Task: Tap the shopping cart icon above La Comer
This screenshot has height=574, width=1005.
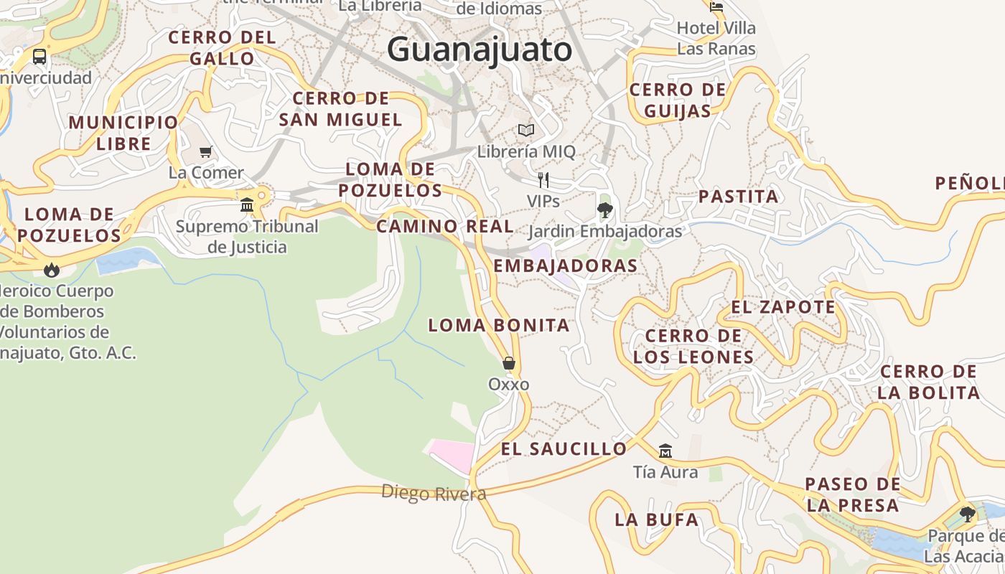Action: click(x=206, y=151)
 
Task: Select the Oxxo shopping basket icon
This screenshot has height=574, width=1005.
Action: click(x=509, y=363)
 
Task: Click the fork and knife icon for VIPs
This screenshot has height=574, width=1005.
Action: click(x=543, y=179)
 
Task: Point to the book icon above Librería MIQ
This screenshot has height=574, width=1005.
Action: click(x=526, y=131)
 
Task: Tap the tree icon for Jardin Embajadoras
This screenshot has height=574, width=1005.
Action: click(x=604, y=210)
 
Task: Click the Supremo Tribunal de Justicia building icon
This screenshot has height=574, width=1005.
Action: click(x=248, y=205)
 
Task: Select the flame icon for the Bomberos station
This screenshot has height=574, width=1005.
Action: click(x=51, y=270)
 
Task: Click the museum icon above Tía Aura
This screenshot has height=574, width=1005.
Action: click(x=665, y=451)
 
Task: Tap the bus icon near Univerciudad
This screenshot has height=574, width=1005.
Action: click(x=39, y=56)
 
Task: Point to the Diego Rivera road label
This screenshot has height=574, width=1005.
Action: click(x=434, y=493)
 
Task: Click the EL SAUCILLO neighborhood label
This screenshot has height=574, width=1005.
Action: click(x=564, y=449)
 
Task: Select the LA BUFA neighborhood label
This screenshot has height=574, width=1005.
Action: click(x=656, y=519)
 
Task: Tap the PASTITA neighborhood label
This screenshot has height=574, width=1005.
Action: click(x=738, y=197)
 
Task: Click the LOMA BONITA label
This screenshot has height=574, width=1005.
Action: click(x=499, y=325)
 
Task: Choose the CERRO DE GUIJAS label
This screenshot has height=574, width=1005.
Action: click(x=678, y=100)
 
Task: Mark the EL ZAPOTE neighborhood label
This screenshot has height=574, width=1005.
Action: click(x=783, y=307)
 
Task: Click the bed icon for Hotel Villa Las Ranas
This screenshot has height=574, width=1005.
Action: click(x=716, y=7)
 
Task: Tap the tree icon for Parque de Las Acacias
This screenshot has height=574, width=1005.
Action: click(x=968, y=514)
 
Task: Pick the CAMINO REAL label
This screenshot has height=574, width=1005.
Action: click(x=445, y=226)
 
